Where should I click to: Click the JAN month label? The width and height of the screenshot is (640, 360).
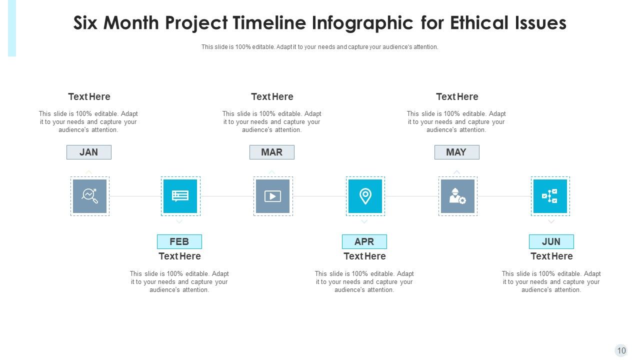click(x=89, y=152)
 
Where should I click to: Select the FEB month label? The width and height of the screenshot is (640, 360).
click(x=179, y=241)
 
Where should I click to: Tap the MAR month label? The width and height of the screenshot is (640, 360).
click(x=272, y=152)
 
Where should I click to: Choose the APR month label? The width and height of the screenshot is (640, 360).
click(x=364, y=241)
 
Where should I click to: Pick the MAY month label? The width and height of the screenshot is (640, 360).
click(x=456, y=152)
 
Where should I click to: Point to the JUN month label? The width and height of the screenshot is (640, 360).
click(x=551, y=241)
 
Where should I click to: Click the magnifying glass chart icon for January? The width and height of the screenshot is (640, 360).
click(x=90, y=196)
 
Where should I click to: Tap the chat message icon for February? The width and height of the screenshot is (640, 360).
click(x=180, y=196)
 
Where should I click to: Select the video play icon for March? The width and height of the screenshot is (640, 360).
click(x=273, y=196)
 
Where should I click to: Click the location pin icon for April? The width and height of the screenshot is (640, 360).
click(x=365, y=196)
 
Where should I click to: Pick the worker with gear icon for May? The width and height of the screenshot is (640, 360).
click(x=457, y=196)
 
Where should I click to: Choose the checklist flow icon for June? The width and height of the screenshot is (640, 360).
click(x=550, y=196)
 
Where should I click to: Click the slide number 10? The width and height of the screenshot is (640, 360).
click(x=621, y=350)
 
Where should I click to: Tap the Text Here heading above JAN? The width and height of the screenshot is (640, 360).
click(x=89, y=96)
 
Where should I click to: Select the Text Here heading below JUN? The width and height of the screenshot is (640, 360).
click(x=551, y=256)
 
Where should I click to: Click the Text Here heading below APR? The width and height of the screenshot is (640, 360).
click(x=364, y=256)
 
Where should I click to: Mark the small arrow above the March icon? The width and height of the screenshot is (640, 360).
click(x=272, y=172)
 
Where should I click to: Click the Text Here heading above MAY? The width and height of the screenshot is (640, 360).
click(x=457, y=96)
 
